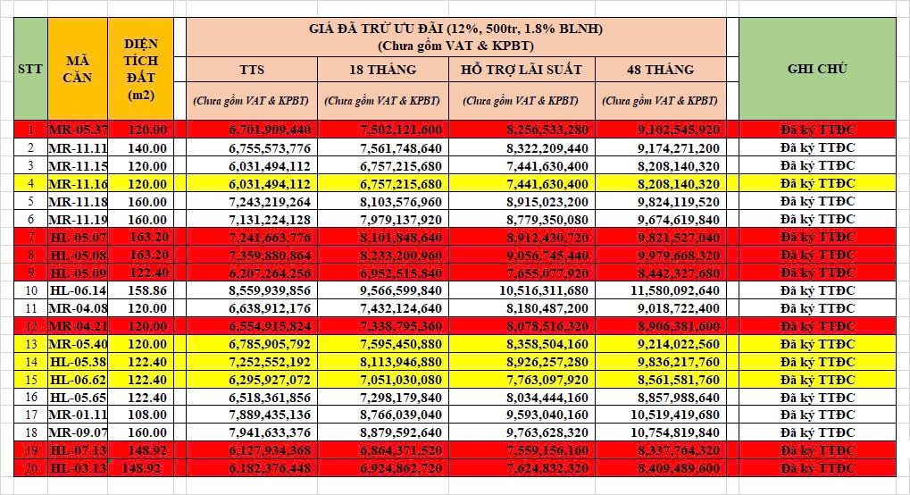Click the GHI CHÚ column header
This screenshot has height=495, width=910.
[x=817, y=69]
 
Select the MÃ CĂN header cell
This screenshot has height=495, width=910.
[x=76, y=69]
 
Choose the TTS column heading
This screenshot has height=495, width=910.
[x=251, y=70]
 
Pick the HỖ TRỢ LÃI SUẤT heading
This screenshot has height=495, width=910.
[x=521, y=70]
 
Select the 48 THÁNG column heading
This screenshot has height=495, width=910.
[x=660, y=70]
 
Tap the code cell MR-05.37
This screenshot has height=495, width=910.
[x=78, y=130]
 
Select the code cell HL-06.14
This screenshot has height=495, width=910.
[x=78, y=290]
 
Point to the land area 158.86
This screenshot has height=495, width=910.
[x=146, y=290]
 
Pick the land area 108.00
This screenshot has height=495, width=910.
[x=146, y=415]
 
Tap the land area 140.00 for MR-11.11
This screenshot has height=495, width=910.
[x=146, y=147]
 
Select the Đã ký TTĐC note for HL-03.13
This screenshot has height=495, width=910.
[x=817, y=468]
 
